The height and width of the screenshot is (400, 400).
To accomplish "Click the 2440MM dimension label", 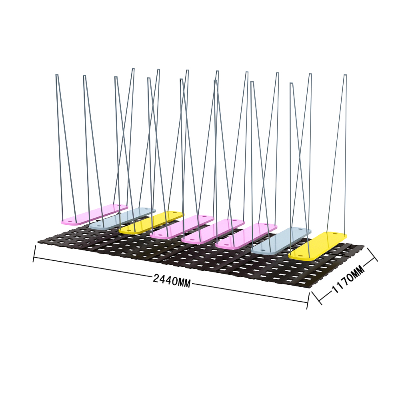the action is pyautogui.click(x=172, y=280).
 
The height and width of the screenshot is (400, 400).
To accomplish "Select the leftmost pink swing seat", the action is pyautogui.click(x=94, y=214).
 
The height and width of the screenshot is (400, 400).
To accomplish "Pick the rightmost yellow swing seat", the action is pyautogui.click(x=318, y=246).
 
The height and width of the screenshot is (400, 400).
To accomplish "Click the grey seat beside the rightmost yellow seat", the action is pyautogui.click(x=281, y=241).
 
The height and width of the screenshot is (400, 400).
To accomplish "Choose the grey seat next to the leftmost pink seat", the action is pyautogui.click(x=122, y=218).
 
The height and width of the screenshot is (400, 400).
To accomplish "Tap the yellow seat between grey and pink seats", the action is pyautogui.click(x=151, y=222).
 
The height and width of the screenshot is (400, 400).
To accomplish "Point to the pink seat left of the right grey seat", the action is pyautogui.click(x=246, y=235).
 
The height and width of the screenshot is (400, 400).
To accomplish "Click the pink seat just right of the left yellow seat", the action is pyautogui.click(x=182, y=227).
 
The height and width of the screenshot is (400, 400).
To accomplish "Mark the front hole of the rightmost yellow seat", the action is pyautogui.click(x=299, y=255).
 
